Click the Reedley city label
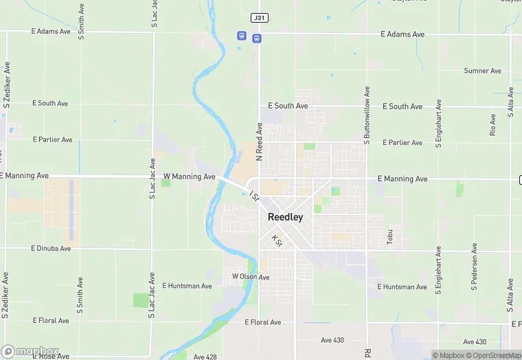tap(285, 216)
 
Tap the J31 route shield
tap(260, 17)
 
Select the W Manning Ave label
tap(189, 177)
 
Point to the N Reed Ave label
tap(260, 142)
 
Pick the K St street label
tap(276, 240)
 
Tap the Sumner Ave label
tap(482, 71)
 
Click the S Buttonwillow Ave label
tap(367, 115)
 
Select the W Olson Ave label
tap(251, 277)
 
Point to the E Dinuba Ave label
tap(51, 248)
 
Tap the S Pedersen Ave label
tap(474, 265)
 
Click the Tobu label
tap(389, 237)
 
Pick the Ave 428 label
tap(205, 357)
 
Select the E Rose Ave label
tap(51, 356)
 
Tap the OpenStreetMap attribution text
tap(496, 355)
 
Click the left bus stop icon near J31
tap(241, 35)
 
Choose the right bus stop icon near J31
tap(256, 38)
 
